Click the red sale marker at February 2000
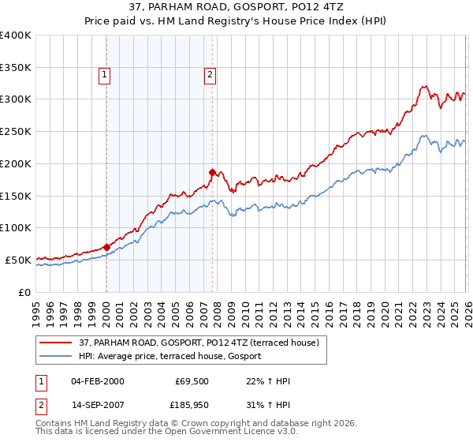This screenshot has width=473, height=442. click(x=106, y=247)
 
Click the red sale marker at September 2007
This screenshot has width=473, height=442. click(x=212, y=172)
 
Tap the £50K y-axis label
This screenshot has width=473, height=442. click(x=18, y=260)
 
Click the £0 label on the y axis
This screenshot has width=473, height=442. click(x=25, y=292)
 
